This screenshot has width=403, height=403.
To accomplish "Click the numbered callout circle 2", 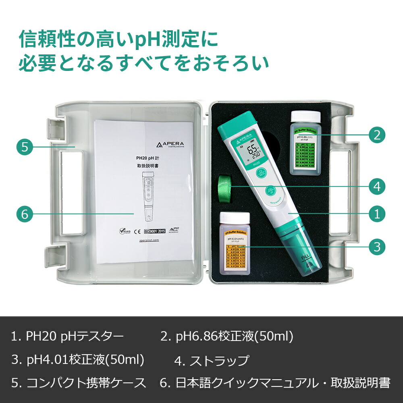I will (x=377, y=135).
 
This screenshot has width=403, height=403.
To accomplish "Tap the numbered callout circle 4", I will (x=377, y=186).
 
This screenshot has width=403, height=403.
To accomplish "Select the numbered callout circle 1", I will (x=377, y=214).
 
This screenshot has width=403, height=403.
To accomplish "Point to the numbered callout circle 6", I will (x=25, y=214).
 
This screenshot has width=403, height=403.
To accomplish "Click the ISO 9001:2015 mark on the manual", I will (x=155, y=231).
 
